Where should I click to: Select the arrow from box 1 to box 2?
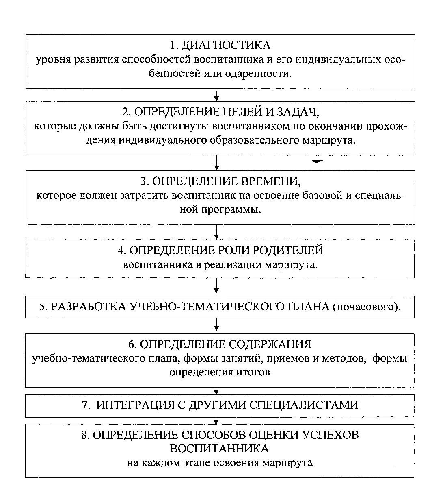click(217, 95)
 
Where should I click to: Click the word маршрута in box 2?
click(331, 140)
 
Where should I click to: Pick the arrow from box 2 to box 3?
click(217, 162)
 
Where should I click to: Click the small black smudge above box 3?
click(317, 161)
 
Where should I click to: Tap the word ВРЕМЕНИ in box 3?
click(271, 181)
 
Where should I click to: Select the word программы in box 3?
click(237, 210)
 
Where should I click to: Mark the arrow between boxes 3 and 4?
click(217, 232)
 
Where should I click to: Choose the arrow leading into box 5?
click(217, 287)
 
